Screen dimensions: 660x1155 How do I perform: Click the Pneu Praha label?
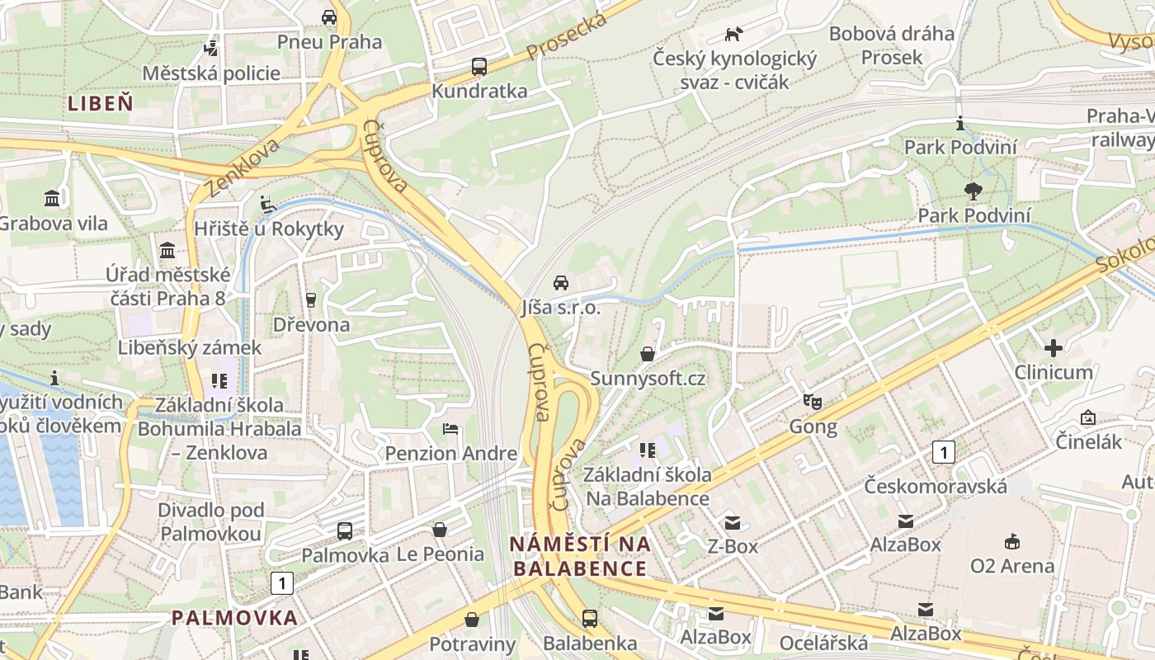point(329,41)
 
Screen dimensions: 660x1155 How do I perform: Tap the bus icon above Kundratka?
point(479,67)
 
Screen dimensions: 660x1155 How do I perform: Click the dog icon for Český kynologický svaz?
point(733,34)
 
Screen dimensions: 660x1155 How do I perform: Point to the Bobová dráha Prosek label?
point(891,45)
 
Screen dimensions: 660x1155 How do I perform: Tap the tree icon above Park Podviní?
point(973,191)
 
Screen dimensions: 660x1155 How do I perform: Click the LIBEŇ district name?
point(100,103)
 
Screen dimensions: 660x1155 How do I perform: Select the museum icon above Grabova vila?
point(53,198)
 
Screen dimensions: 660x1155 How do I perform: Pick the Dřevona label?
point(312,324)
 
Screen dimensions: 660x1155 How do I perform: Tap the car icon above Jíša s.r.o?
point(561,283)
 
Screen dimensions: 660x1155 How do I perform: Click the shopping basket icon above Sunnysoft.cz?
point(648,354)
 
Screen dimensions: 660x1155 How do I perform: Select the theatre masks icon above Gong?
point(813,402)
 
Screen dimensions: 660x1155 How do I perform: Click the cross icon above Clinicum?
point(1054,347)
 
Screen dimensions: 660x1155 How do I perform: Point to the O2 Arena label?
point(1011,566)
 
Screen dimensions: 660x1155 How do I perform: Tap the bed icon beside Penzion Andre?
point(450,429)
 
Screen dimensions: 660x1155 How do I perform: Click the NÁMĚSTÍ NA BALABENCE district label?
point(580,556)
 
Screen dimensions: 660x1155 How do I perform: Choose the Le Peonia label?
point(441,554)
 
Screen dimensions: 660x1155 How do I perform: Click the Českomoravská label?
point(936,486)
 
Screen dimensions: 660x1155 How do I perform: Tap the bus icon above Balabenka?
point(590,618)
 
